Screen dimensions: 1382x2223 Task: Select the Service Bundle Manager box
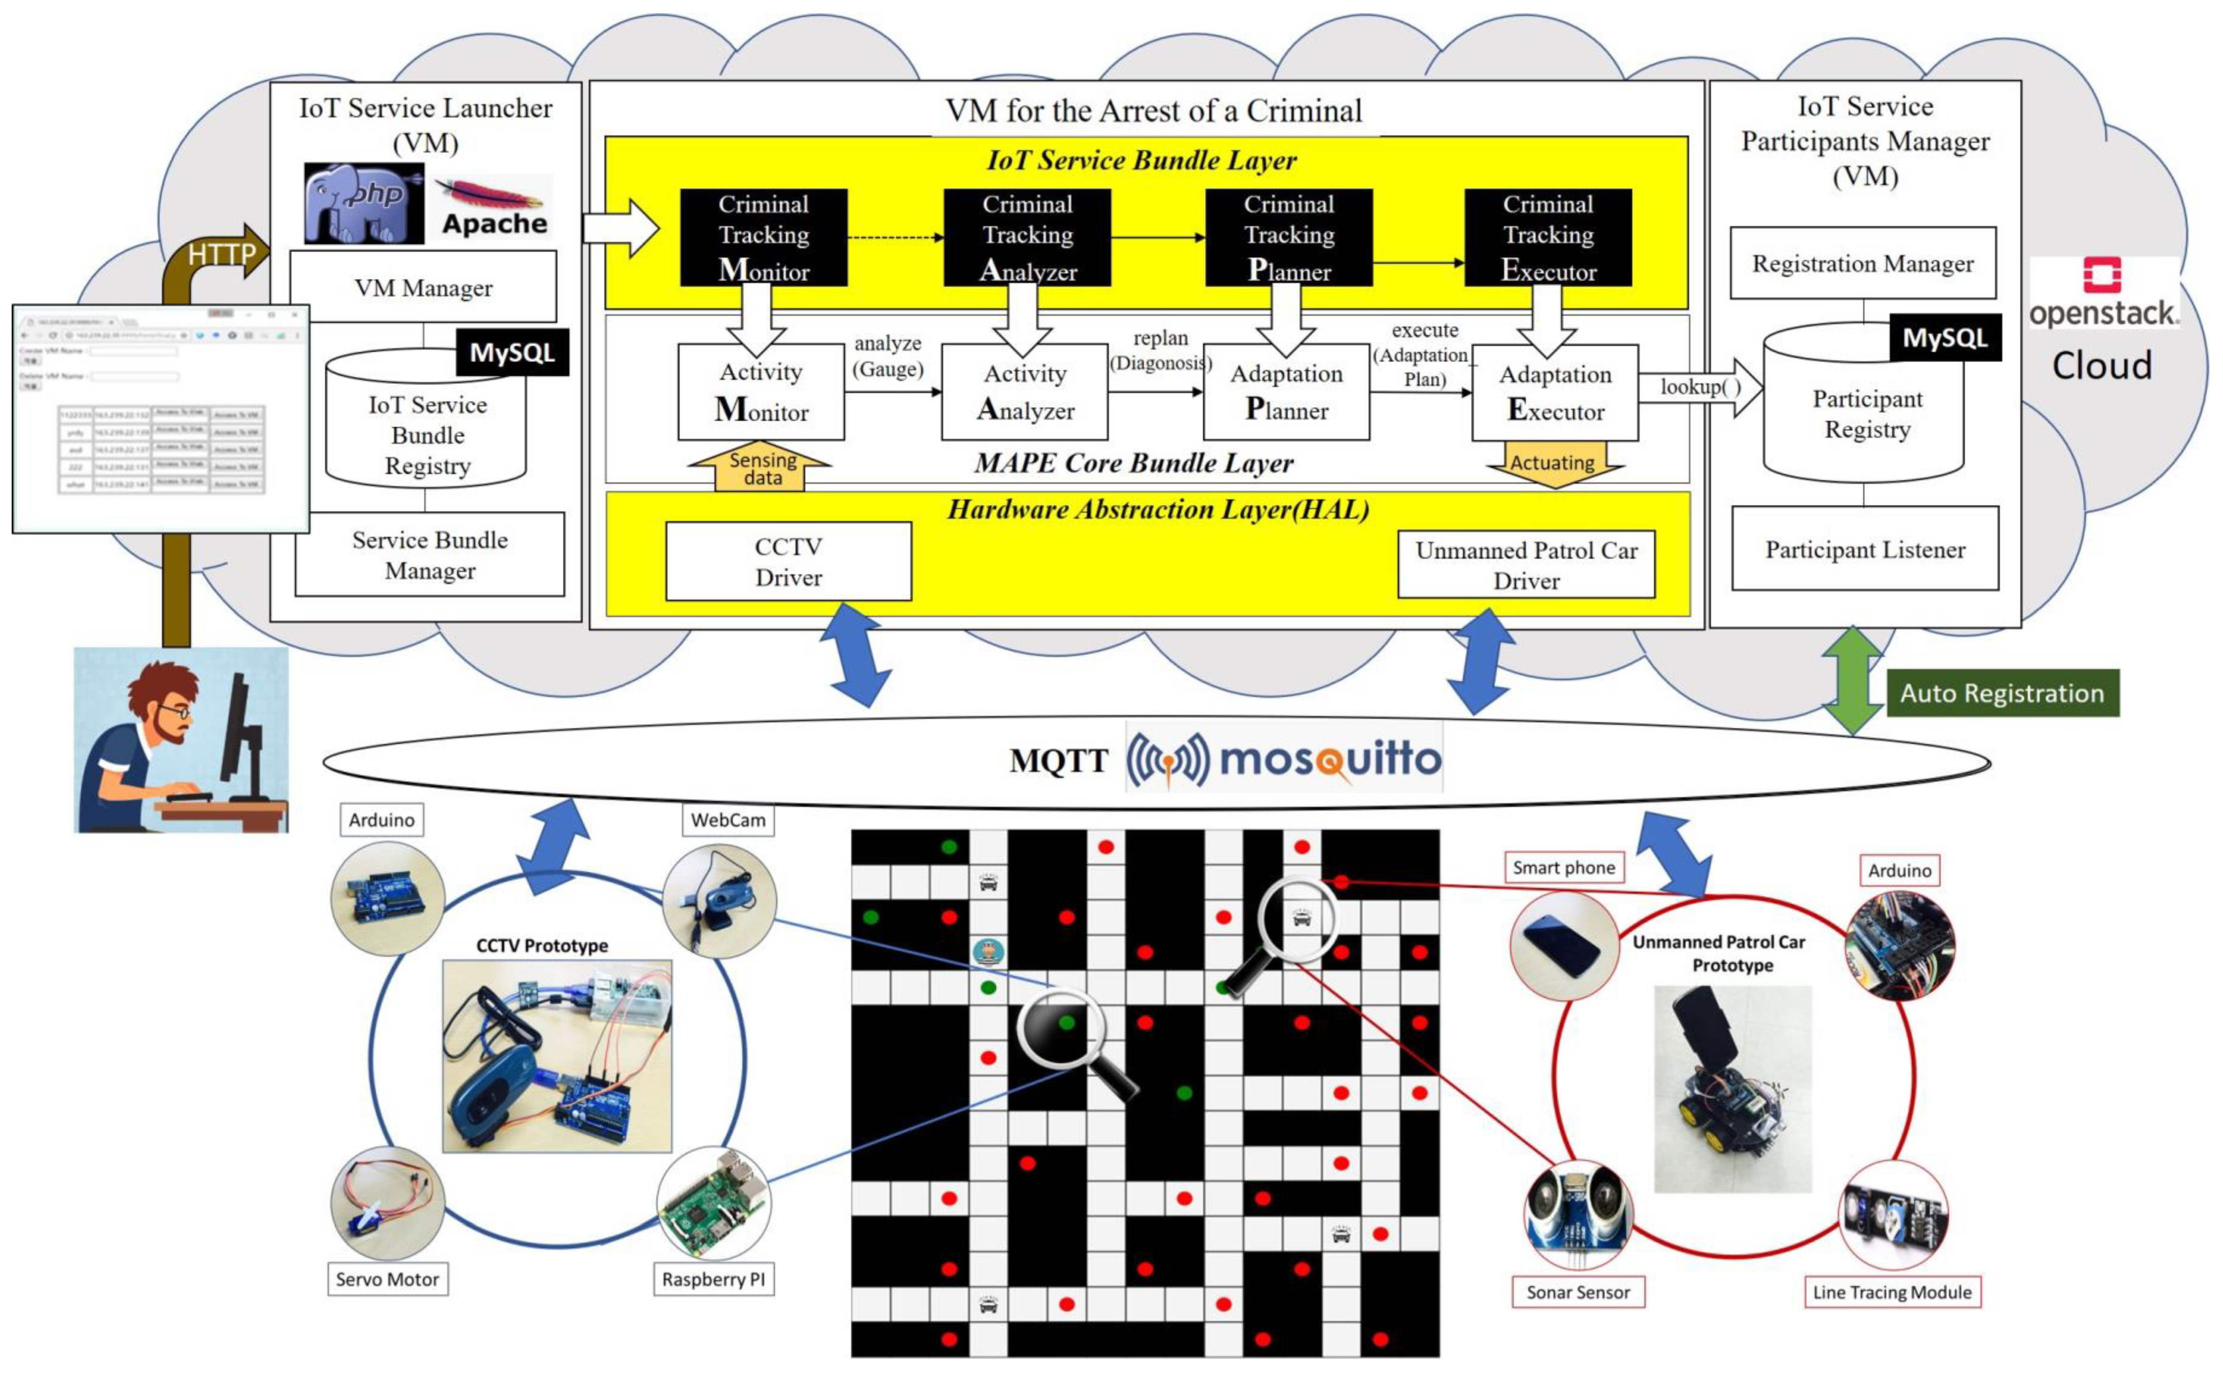(430, 555)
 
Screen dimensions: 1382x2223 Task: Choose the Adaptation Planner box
(1286, 392)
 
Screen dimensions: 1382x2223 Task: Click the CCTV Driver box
(788, 561)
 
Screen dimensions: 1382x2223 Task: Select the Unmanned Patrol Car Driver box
(1525, 565)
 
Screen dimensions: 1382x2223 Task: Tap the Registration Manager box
(1862, 263)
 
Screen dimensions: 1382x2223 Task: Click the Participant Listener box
(1865, 549)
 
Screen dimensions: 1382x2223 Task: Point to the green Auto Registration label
(2002, 693)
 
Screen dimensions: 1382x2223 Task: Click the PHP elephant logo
(364, 203)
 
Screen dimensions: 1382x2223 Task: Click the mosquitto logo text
(1329, 759)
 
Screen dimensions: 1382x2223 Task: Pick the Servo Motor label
(387, 1279)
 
